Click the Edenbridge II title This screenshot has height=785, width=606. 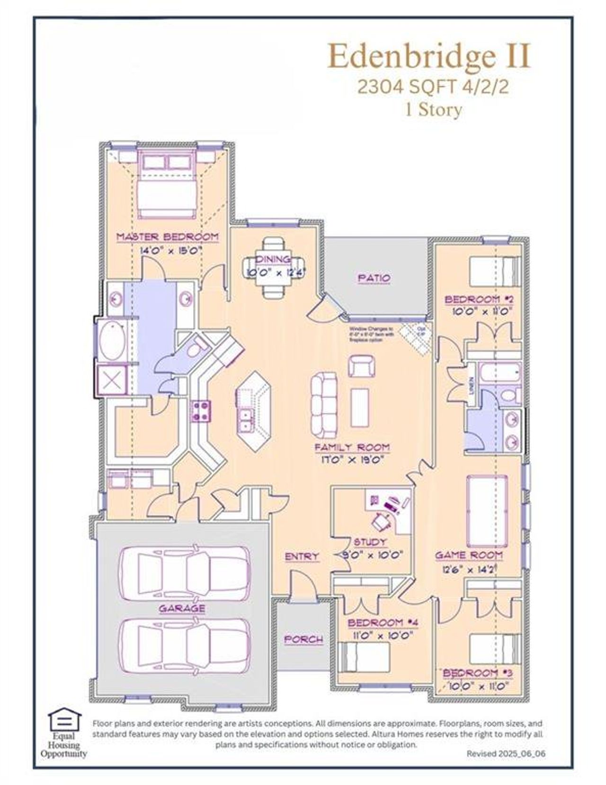429,56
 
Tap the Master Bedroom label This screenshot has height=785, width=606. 168,237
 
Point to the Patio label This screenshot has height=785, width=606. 374,278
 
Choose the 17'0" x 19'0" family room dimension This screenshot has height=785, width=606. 353,459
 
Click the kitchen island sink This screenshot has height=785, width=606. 246,419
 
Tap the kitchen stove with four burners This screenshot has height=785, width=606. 201,410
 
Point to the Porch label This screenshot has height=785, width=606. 303,640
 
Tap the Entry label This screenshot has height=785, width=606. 302,557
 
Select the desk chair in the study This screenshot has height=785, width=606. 380,521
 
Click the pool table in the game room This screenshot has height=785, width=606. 487,511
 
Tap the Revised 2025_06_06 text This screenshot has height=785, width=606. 505,753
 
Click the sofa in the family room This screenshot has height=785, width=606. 324,404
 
